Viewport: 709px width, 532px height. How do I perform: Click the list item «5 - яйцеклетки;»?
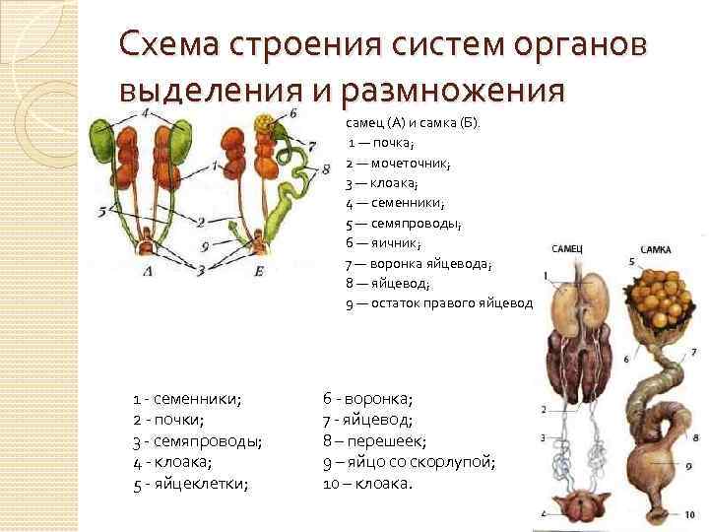(191, 484)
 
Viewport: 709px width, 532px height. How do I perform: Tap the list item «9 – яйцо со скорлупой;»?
(409, 462)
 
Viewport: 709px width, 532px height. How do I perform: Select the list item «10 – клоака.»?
(368, 484)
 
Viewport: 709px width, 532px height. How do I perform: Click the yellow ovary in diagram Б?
(264, 126)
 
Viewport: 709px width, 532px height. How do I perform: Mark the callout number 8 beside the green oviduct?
(326, 168)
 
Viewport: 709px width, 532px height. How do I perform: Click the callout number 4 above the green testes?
(145, 113)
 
